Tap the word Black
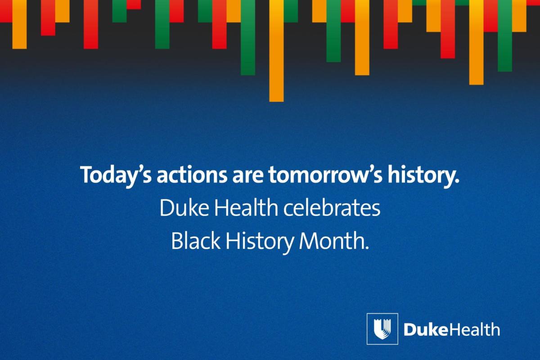[195, 242]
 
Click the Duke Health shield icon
[382, 328]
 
